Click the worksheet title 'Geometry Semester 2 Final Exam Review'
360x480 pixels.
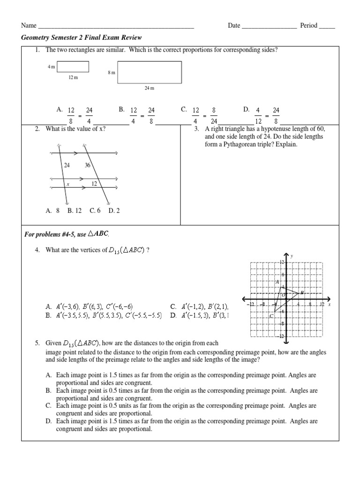(x=82, y=37)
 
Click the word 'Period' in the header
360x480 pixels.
(x=307, y=25)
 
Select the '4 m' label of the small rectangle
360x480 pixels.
(x=51, y=67)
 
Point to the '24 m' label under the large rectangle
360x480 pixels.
(x=149, y=88)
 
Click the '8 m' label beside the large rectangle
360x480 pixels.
(x=111, y=73)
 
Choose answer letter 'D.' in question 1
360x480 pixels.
(x=247, y=109)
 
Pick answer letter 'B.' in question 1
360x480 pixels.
(x=121, y=109)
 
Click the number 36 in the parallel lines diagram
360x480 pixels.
(x=88, y=165)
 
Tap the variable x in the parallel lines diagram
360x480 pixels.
(x=68, y=184)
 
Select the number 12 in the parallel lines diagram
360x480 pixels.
(x=94, y=184)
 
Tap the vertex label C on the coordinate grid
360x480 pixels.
(x=272, y=316)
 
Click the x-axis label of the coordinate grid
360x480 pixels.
(x=330, y=305)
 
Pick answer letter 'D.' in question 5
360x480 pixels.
(x=48, y=421)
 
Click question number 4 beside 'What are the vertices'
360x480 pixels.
(x=37, y=250)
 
